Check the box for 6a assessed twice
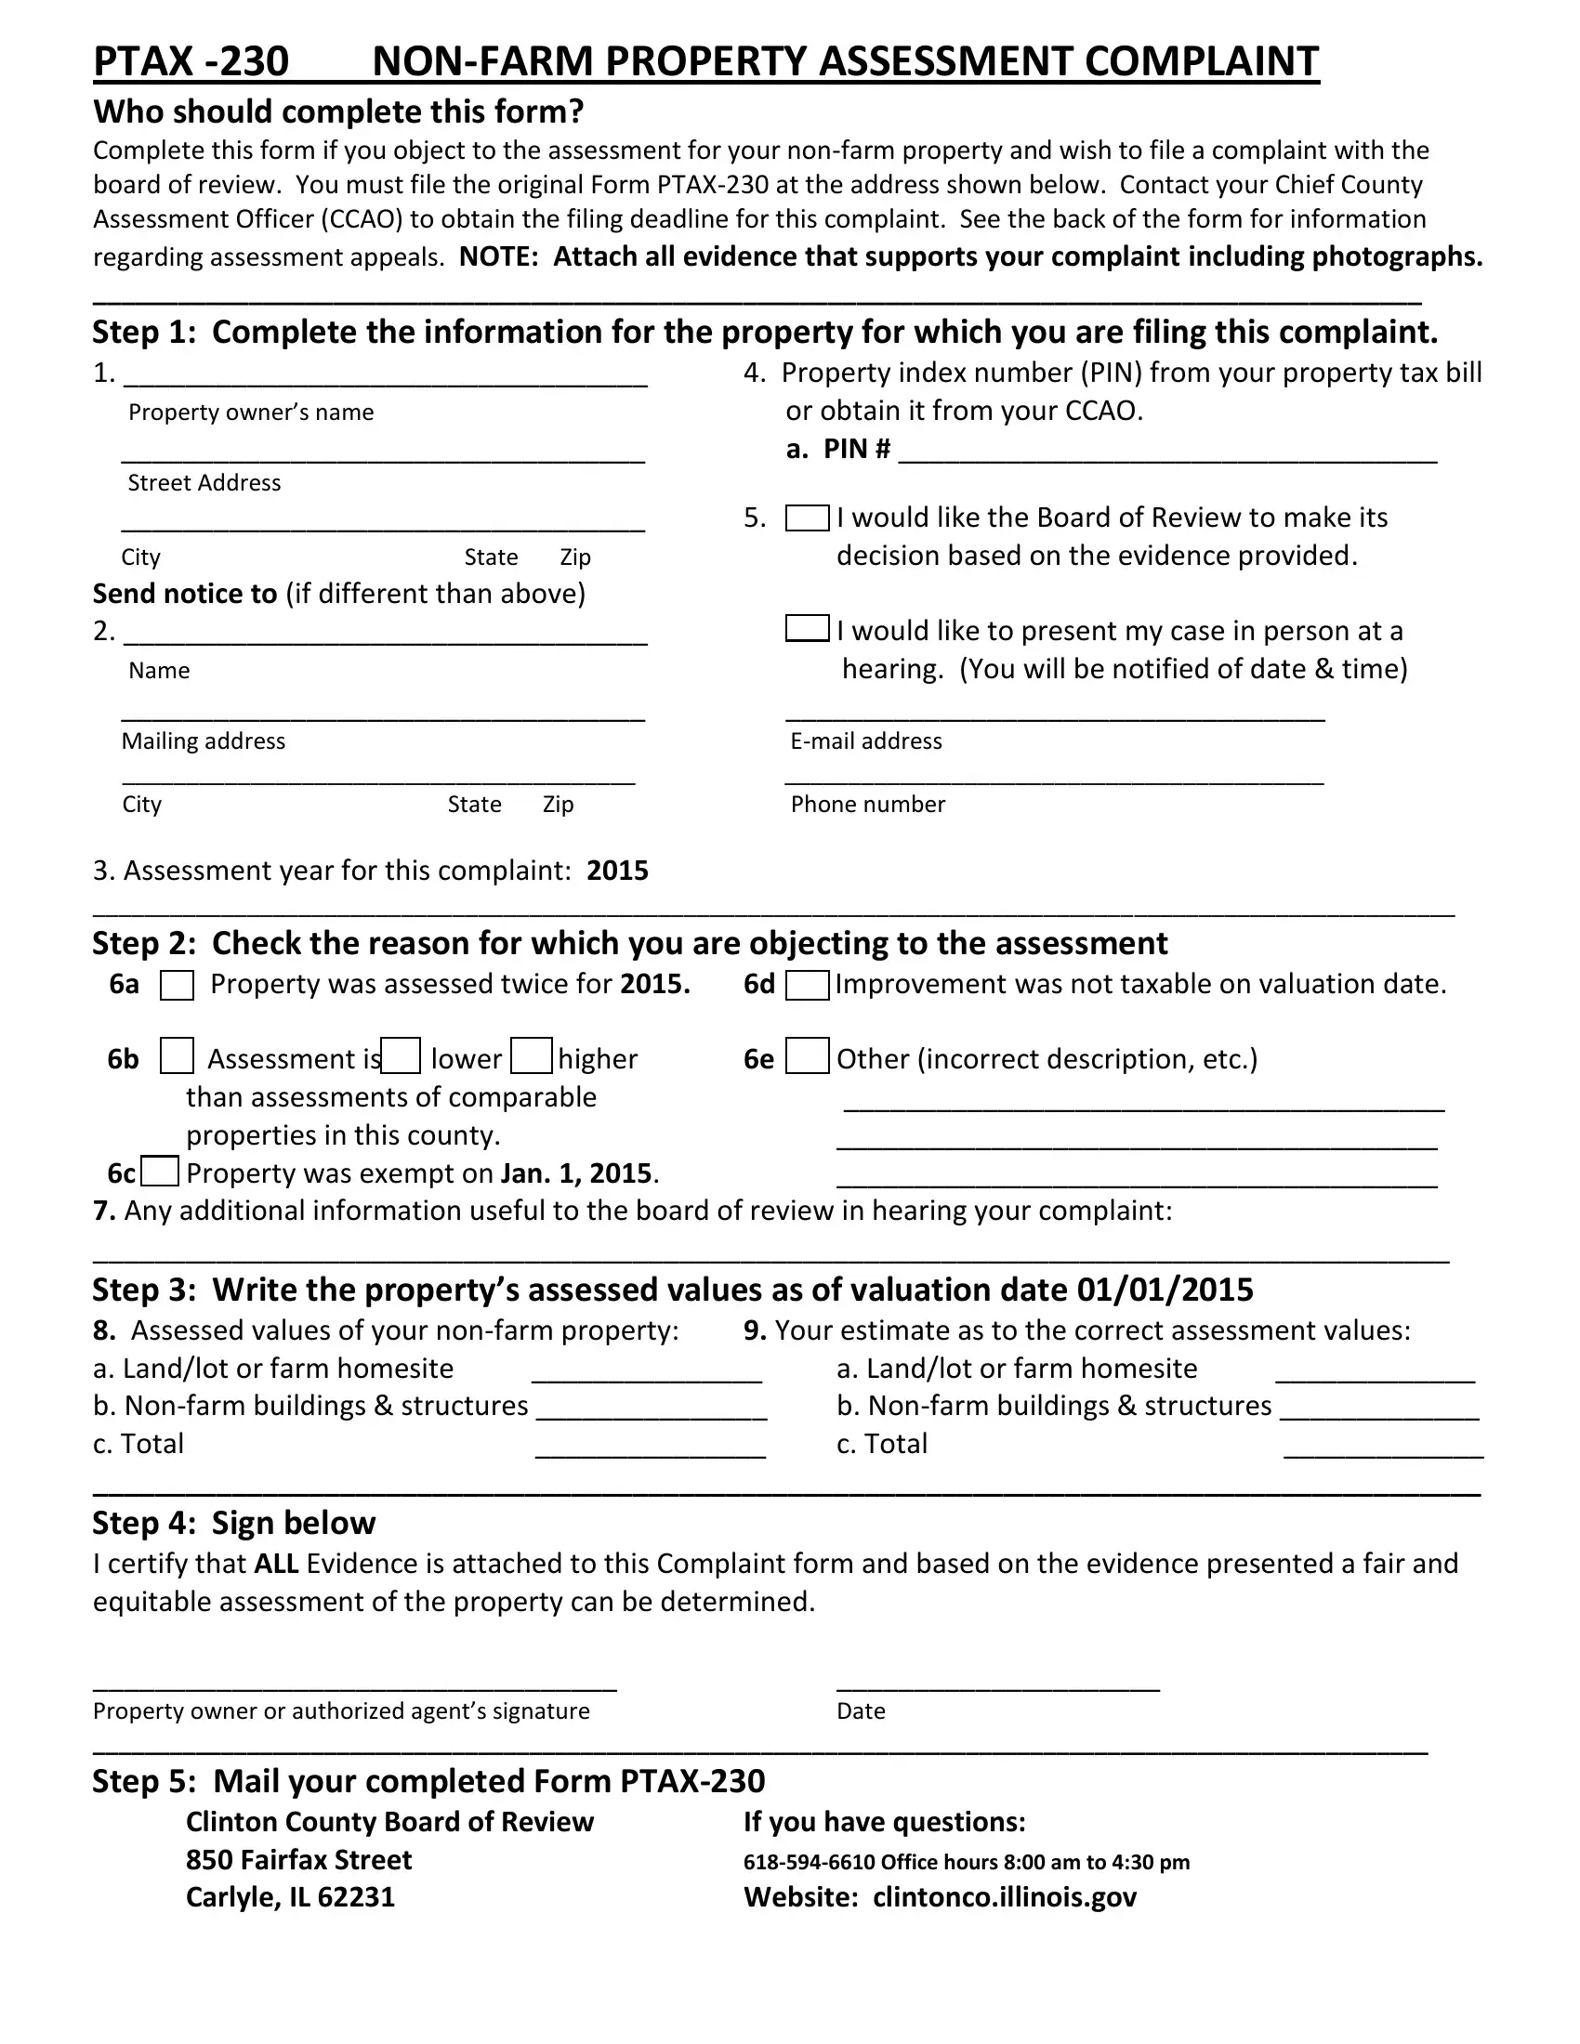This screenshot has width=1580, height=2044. coord(177,986)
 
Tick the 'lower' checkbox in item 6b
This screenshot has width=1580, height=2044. coord(401,1055)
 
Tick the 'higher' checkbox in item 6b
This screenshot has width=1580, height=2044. coord(531,1055)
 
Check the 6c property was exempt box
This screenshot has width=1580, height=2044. coord(160,1172)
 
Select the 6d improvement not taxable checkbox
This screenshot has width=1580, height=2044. coord(807,986)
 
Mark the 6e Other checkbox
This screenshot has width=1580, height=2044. coord(807,1055)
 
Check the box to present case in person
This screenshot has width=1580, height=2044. coord(807,628)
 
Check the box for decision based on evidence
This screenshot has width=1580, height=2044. coord(807,518)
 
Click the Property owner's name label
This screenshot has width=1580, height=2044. coord(251,413)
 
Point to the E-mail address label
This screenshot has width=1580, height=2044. coord(866,741)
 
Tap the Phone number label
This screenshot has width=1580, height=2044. coord(868,805)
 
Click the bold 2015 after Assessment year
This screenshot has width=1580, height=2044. coord(617,871)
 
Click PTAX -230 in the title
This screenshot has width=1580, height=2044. coord(191,61)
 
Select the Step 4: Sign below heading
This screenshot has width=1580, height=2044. coord(233,1523)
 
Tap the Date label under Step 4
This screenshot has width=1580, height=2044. coord(861,1711)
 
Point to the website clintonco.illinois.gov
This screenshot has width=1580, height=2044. coord(1005,1897)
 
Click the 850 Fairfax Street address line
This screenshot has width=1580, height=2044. coord(298,1860)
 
